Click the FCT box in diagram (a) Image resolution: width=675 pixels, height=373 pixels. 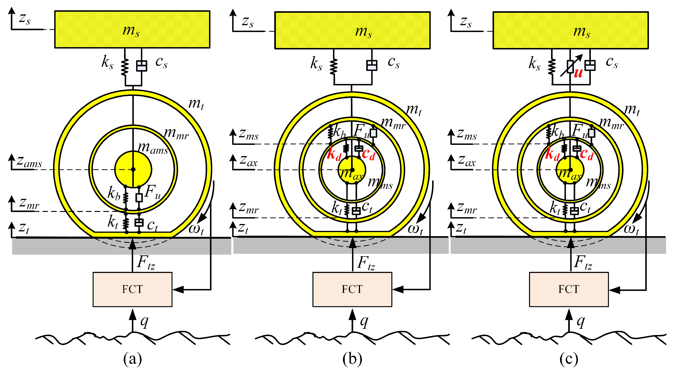point(132,289)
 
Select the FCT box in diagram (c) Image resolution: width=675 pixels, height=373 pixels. point(569,289)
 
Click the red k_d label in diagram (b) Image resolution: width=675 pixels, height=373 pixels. point(334,155)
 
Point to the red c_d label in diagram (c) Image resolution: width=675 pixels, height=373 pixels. point(586,154)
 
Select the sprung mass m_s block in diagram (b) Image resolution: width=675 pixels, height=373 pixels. point(352,30)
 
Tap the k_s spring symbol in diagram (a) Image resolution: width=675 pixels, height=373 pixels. point(125,67)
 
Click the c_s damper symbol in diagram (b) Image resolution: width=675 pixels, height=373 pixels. point(371,65)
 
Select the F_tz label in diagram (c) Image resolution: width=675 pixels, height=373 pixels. point(583,263)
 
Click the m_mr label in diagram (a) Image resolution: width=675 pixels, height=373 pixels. point(176,134)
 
